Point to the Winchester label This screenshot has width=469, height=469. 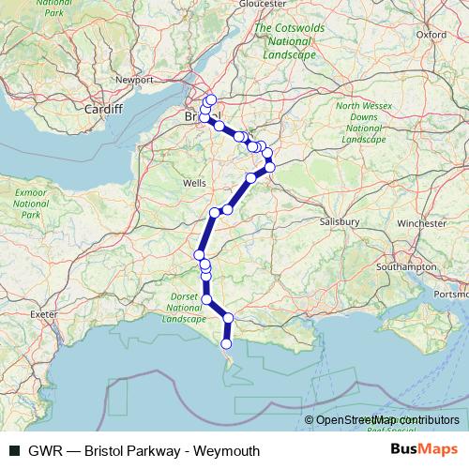pos(421,224)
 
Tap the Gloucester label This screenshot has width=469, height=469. pos(262,4)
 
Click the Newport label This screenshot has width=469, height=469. pos(132,80)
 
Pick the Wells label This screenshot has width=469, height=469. pos(194,182)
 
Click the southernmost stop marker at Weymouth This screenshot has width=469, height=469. pos(226,344)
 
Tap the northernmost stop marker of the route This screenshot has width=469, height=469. pos(211,99)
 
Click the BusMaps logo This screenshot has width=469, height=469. pos(424,450)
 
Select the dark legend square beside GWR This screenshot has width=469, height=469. pos(14,451)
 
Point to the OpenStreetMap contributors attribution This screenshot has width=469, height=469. pos(387,421)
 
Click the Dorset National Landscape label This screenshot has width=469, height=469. pos(184,308)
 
